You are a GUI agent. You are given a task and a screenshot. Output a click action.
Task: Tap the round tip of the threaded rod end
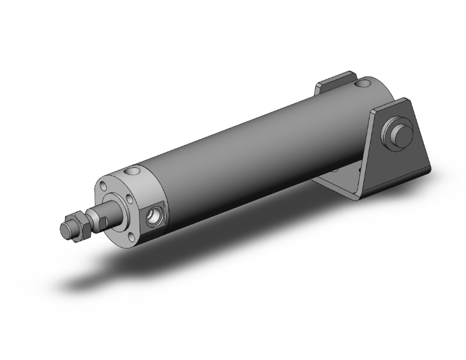65,230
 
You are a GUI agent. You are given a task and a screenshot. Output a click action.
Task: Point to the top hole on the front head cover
133,170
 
